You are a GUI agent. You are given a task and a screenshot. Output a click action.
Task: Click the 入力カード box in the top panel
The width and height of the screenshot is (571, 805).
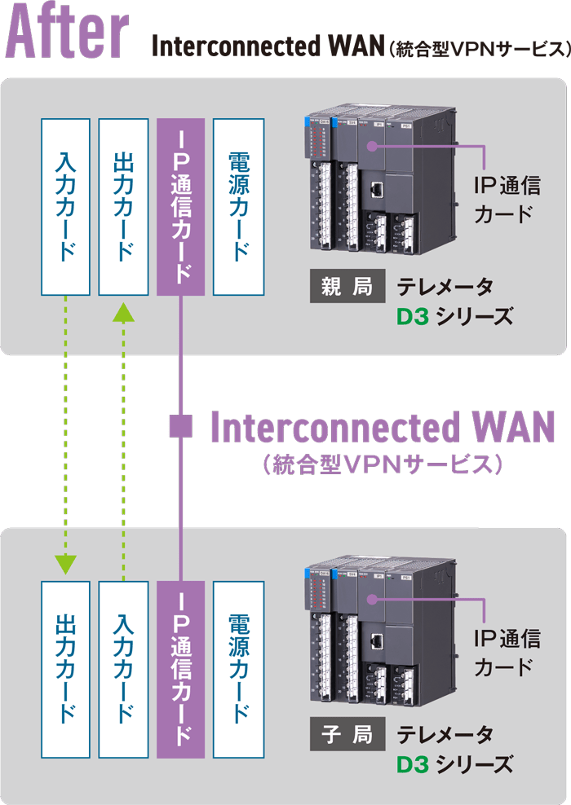tap(65, 206)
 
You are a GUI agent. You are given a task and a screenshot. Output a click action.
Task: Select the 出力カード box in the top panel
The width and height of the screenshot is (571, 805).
tap(122, 206)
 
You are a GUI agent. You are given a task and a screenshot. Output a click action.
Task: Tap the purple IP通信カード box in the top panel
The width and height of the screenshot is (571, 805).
tap(180, 206)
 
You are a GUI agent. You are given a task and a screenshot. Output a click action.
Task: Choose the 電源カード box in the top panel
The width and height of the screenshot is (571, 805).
tap(238, 206)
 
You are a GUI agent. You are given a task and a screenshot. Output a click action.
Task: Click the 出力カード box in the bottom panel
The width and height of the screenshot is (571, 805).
tap(65, 669)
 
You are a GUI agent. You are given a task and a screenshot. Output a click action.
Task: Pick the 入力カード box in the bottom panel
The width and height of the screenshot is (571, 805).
tap(122, 669)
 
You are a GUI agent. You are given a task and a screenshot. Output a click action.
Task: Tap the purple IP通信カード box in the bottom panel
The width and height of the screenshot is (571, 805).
tap(180, 669)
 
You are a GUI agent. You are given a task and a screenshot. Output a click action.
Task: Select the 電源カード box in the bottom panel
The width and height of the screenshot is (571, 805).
tap(238, 669)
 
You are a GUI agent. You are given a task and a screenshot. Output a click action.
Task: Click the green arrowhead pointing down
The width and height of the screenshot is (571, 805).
tap(65, 564)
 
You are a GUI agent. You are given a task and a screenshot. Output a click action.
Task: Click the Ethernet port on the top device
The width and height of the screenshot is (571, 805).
tap(378, 191)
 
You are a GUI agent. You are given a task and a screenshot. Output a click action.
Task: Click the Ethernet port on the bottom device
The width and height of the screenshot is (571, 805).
tap(378, 640)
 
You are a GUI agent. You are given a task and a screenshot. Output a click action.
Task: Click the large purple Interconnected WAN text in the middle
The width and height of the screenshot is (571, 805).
tap(383, 427)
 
